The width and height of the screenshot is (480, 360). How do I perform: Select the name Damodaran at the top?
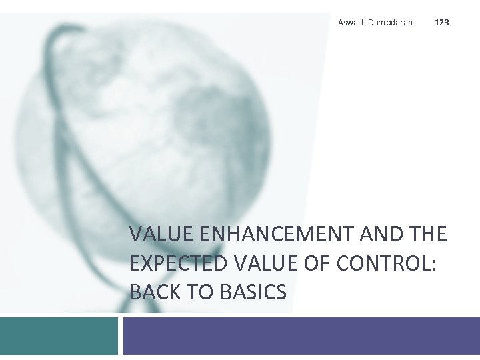[390, 23]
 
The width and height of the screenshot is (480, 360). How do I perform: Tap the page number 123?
[441, 23]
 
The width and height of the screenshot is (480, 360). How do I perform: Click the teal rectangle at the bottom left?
[59, 335]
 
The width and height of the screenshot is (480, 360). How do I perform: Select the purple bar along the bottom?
[300, 335]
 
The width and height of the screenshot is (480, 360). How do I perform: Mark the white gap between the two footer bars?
[121, 335]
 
